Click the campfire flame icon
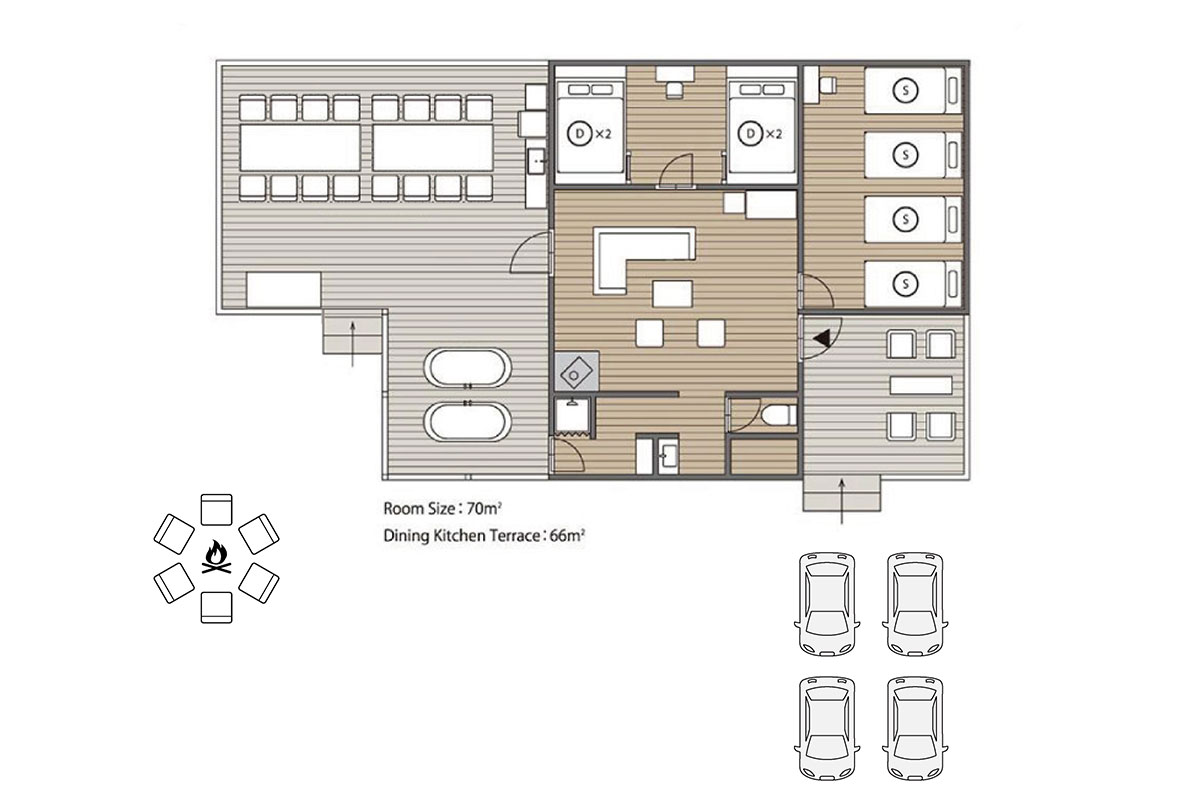pos(216,558)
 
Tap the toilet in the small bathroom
pos(779,415)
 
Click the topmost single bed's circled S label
pos(905,91)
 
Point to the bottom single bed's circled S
pos(905,283)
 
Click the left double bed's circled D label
pos(579,134)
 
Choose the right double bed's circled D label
pos(750,134)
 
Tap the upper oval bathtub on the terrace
pos(467,368)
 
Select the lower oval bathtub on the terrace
pos(467,421)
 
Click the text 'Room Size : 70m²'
pos(442,509)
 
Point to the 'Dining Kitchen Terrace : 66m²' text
pos(484,536)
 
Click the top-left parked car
pos(827,604)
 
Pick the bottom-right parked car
pos(915,727)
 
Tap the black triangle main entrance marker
pos(821,338)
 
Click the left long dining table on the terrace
pos(300,148)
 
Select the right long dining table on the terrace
pos(433,148)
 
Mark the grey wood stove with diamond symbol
pos(576,371)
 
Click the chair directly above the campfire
pos(216,510)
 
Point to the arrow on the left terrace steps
pos(352,344)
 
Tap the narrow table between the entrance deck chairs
pos(921,385)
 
